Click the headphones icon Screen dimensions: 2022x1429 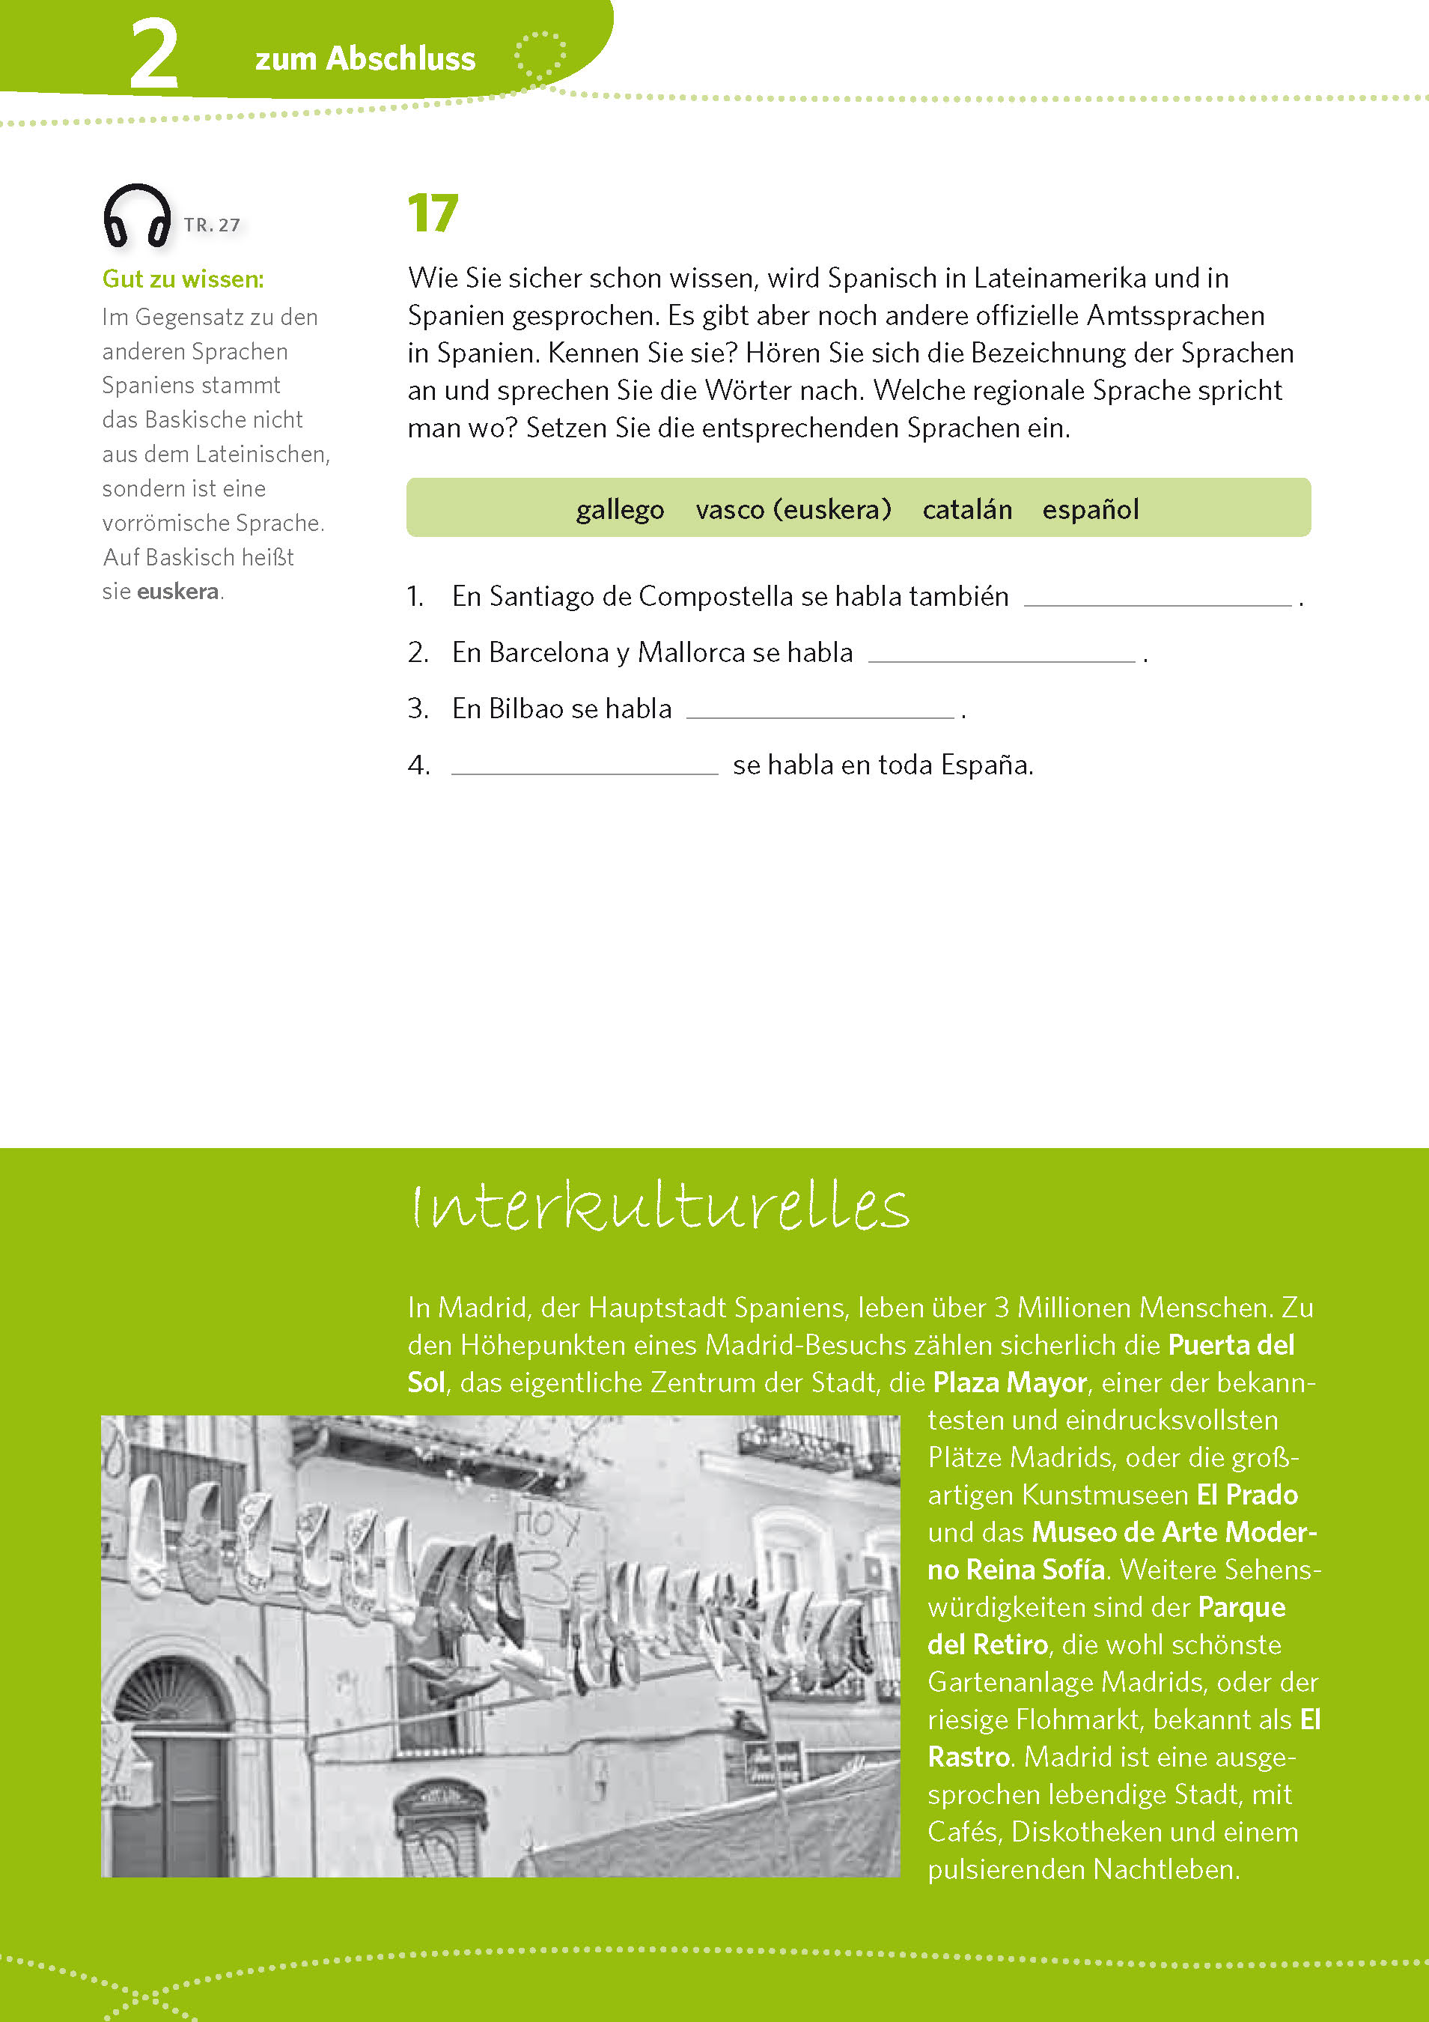[137, 216]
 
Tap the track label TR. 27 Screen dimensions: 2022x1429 [211, 225]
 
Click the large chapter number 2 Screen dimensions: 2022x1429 [154, 55]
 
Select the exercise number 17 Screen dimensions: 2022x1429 [433, 214]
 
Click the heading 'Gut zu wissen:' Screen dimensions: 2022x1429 [183, 279]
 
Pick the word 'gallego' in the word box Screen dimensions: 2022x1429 [620, 509]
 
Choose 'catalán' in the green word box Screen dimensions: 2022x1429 [966, 509]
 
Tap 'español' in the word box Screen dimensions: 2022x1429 [1090, 509]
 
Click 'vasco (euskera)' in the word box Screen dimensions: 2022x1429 [793, 509]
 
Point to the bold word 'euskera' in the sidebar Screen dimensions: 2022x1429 [178, 591]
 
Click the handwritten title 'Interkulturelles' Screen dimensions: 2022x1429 [659, 1206]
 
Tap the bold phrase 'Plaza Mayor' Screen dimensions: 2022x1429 [1009, 1382]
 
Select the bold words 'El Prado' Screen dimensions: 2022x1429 [1247, 1495]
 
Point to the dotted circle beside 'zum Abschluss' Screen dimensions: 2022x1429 [540, 56]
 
